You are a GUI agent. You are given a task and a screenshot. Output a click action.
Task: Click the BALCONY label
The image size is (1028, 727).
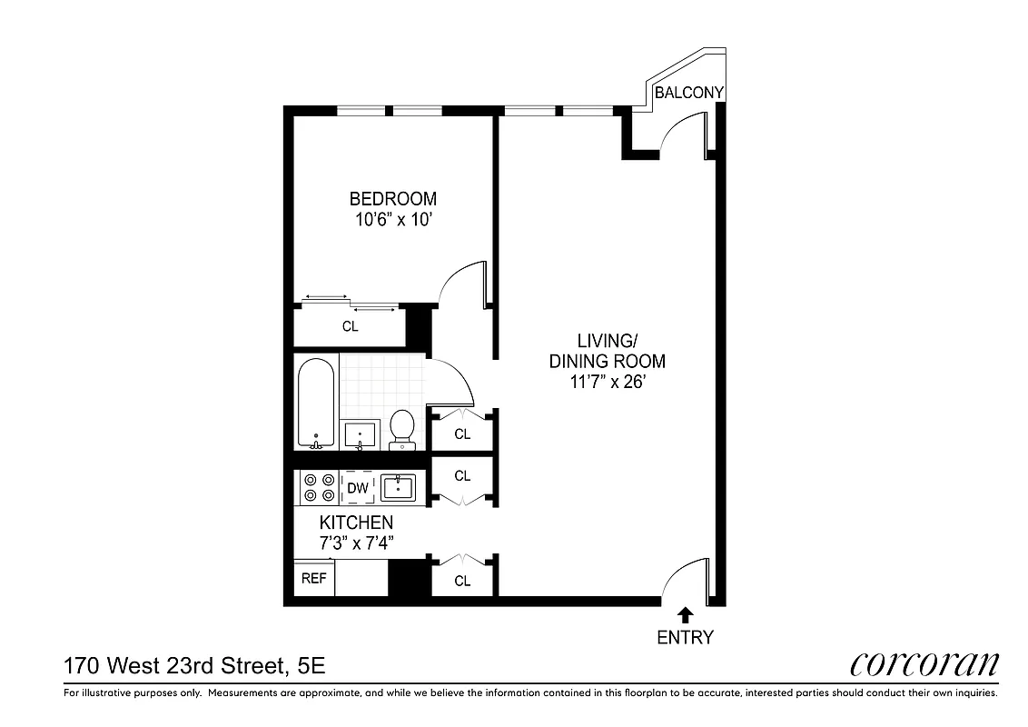[689, 93]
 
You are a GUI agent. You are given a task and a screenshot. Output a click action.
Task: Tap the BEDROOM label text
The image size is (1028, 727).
[393, 198]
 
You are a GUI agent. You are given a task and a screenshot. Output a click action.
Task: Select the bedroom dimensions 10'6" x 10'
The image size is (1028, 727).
[393, 219]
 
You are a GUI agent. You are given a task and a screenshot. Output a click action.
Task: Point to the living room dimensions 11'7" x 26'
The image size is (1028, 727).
[608, 383]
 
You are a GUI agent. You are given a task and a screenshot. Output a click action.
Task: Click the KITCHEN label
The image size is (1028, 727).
[356, 523]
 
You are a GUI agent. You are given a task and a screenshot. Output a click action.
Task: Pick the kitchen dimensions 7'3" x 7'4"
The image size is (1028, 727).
[356, 543]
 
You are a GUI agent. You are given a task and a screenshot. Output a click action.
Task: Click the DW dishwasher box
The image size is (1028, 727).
[358, 488]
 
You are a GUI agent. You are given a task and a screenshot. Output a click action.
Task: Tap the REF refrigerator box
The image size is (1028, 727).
[313, 579]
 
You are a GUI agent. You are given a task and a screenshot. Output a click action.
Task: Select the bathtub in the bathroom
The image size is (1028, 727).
[316, 403]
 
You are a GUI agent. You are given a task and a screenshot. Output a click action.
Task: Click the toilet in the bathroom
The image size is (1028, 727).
[401, 427]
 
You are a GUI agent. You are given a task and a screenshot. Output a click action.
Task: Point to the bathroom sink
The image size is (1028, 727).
[361, 433]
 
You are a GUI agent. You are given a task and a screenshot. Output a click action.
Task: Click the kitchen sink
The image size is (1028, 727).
[398, 488]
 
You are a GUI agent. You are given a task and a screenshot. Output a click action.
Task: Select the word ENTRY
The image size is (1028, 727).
[686, 637]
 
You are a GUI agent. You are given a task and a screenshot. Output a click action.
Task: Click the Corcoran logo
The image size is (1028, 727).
[924, 664]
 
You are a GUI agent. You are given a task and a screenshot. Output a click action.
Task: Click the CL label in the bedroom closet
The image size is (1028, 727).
[350, 327]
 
